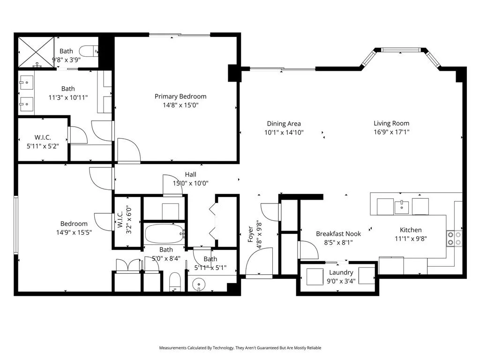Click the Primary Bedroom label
coord(180,97)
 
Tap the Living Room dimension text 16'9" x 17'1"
coord(391,132)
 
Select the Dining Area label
coord(284,124)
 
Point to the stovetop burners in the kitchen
coord(454,239)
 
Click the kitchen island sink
coord(401,207)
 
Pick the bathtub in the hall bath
coord(165,234)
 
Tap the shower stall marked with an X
coord(36,52)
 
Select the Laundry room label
coord(341,272)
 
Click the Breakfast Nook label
coord(338,234)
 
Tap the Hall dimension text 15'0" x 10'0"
coord(190,183)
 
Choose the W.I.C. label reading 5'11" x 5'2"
coord(43,142)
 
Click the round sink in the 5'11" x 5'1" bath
coord(199,285)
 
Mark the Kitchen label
coord(411,230)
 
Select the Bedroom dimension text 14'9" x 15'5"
coord(74,232)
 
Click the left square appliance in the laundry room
coord(315,277)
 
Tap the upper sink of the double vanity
coord(26,82)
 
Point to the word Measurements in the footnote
coord(172,348)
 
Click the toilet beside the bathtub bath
coord(175,281)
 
